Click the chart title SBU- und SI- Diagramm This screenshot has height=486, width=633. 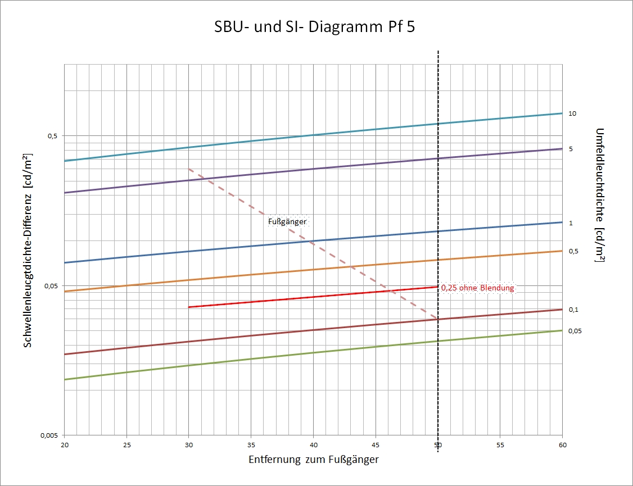[x=315, y=27]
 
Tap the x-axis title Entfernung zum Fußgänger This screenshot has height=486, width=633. [x=313, y=460]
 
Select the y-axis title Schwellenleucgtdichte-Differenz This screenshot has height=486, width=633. [x=28, y=250]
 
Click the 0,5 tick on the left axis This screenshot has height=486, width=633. [x=52, y=136]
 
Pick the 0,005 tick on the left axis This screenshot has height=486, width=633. [x=50, y=436]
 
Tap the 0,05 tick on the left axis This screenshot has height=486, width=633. [x=51, y=286]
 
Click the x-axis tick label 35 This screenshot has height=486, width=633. [x=251, y=444]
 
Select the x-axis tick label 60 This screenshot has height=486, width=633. [x=562, y=444]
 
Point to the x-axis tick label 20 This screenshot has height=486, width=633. [x=65, y=444]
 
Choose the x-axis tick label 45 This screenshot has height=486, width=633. [x=376, y=444]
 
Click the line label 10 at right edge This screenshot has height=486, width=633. [x=572, y=113]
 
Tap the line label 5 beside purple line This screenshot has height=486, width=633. [x=571, y=149]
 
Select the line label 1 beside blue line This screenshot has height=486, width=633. [x=571, y=223]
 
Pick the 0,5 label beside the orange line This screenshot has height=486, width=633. [x=573, y=251]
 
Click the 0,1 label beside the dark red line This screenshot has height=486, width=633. [x=573, y=310]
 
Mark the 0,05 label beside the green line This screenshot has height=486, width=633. [x=575, y=331]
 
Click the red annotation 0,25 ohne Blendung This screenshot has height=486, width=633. [x=477, y=288]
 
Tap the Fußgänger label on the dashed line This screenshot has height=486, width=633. [x=287, y=222]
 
